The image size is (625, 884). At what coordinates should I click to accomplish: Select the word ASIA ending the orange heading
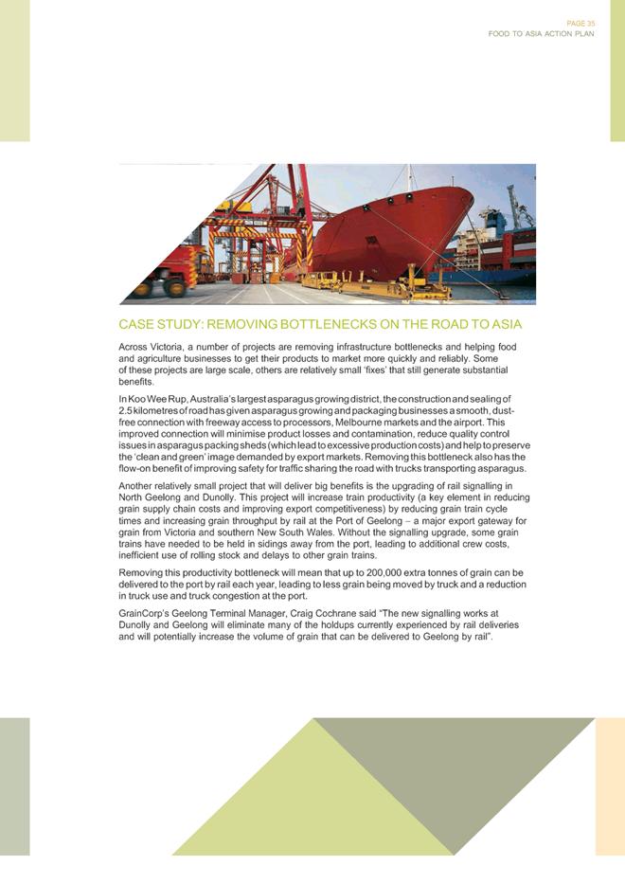503,325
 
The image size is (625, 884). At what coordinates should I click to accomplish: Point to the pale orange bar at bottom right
609,786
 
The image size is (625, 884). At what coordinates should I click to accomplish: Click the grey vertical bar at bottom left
14,786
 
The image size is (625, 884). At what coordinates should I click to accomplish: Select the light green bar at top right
616,71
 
